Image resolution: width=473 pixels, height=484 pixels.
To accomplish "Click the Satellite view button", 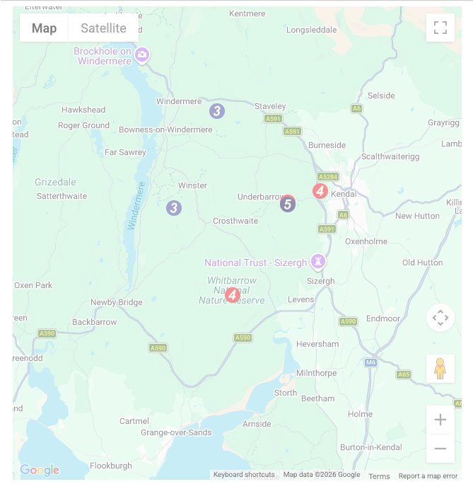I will tap(103, 28).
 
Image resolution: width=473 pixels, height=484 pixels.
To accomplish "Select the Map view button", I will tap(44, 28).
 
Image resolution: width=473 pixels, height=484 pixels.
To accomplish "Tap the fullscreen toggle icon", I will tap(440, 28).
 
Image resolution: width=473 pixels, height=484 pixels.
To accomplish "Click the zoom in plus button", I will tap(440, 420).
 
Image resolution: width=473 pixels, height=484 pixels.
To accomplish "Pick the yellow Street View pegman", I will tap(440, 369).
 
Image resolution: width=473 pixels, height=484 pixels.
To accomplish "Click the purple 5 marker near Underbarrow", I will tap(286, 204).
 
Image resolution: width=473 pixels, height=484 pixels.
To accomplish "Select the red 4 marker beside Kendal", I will tap(320, 190).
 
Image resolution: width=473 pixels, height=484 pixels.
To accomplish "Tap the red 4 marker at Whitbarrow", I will tap(233, 294).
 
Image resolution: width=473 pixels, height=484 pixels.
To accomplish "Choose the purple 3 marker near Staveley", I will tap(217, 110).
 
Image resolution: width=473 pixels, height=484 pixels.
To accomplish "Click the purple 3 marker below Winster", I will tap(174, 208).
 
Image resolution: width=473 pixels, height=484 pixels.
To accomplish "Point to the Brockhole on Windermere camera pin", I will tap(142, 55).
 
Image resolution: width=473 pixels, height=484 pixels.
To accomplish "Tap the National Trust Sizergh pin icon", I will tap(319, 262).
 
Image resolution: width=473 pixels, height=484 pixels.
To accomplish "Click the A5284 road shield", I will tap(328, 177).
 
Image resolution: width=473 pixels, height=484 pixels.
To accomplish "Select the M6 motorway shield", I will tap(371, 362).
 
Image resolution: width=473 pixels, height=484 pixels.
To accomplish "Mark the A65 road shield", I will tap(403, 374).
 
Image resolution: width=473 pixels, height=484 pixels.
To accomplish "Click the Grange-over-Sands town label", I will tap(176, 432).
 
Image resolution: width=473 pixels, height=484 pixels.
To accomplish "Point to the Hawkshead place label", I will tap(83, 110).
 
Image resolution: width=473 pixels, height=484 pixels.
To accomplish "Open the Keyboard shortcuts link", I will tap(244, 475).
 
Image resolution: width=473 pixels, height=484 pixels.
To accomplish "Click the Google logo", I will tap(40, 470).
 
